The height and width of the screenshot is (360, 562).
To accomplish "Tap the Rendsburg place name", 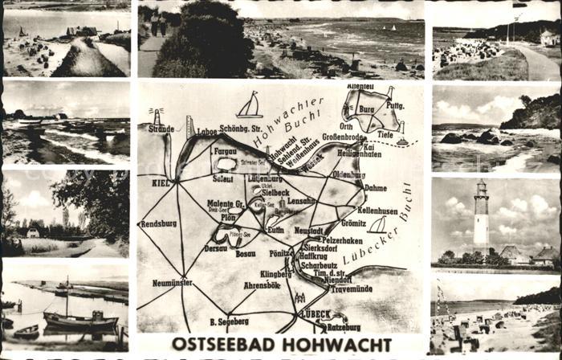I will tap(159, 223).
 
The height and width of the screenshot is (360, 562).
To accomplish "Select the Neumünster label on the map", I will tap(172, 283).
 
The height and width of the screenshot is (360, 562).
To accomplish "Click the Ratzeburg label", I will tap(344, 327).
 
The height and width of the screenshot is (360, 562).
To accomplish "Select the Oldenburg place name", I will tap(348, 174).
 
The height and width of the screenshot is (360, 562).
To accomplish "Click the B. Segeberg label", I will tap(230, 321).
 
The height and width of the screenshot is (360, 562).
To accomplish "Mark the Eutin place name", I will tap(275, 230).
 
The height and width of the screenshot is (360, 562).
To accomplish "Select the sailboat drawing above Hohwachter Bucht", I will tap(249, 106).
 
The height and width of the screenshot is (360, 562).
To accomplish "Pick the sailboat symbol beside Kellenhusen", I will tap(377, 225).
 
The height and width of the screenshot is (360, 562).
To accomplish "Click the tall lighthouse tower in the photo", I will tap(480, 215).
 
